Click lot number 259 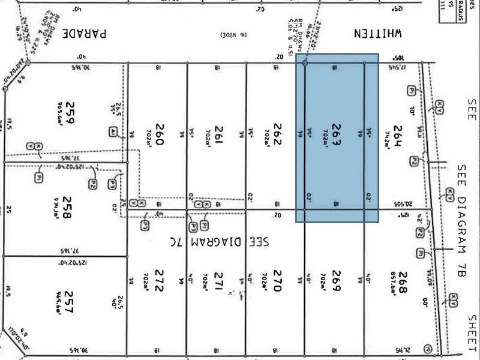click(x=71, y=112)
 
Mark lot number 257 click(x=70, y=304)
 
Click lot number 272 click(x=160, y=281)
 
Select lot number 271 click(x=219, y=281)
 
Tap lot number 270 click(x=277, y=281)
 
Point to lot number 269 click(x=336, y=281)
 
